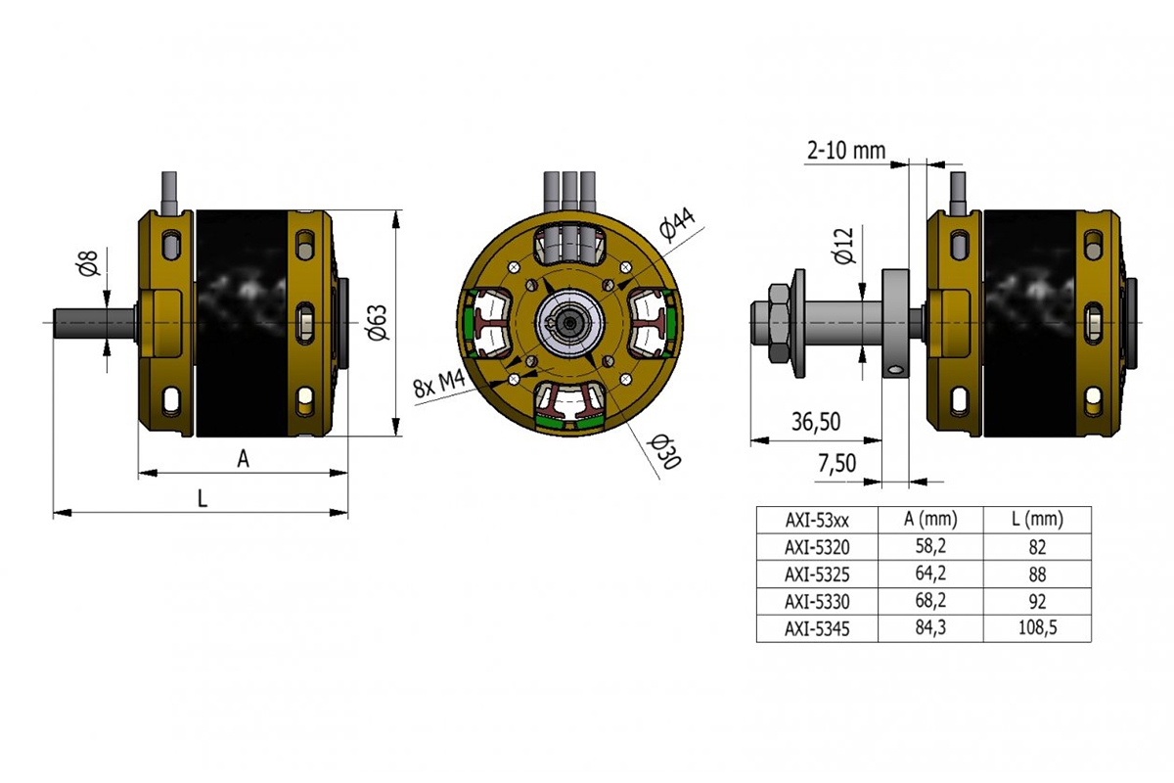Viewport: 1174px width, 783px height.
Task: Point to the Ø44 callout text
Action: pos(677,225)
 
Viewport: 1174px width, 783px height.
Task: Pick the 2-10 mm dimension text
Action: pos(845,151)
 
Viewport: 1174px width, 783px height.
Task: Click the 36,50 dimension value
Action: pos(816,422)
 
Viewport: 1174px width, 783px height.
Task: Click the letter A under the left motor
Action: pos(244,458)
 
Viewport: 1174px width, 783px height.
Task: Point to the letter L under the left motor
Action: pos(203,498)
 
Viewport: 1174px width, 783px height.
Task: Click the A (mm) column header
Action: pos(929,519)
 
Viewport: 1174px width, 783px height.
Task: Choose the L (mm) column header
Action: pos(1036,519)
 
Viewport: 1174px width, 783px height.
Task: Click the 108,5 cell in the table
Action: pos(1036,629)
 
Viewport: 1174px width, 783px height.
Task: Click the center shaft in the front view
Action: pos(570,322)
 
